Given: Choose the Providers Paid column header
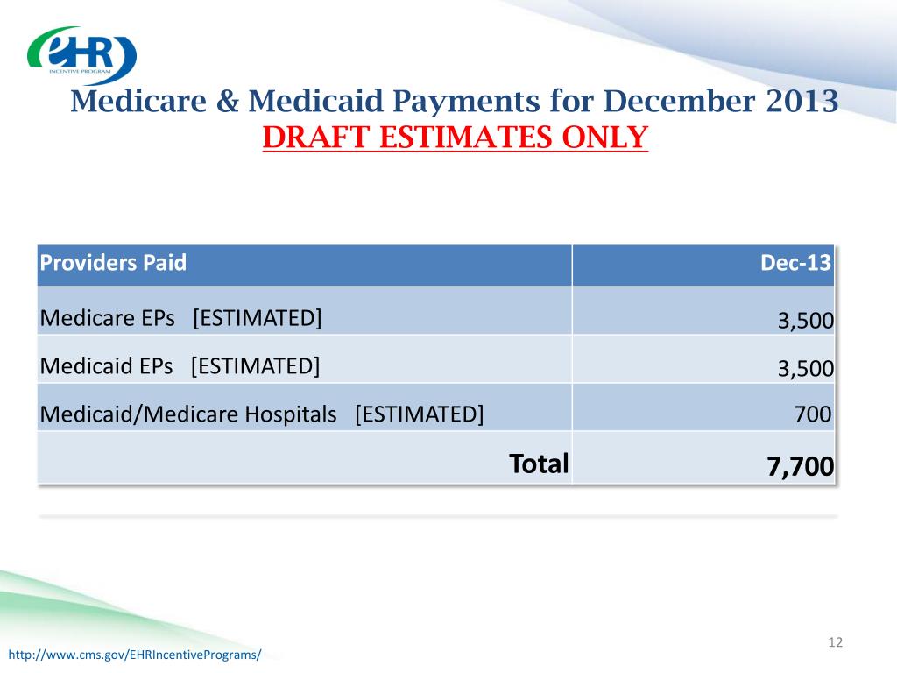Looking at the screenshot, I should click(113, 264).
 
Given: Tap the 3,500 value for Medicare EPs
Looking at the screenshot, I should click(805, 322).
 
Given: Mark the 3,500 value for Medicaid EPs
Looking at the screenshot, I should click(805, 369).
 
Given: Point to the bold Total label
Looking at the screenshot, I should click(539, 463).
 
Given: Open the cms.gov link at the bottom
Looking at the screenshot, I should click(135, 655).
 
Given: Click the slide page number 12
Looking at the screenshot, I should click(835, 644).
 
